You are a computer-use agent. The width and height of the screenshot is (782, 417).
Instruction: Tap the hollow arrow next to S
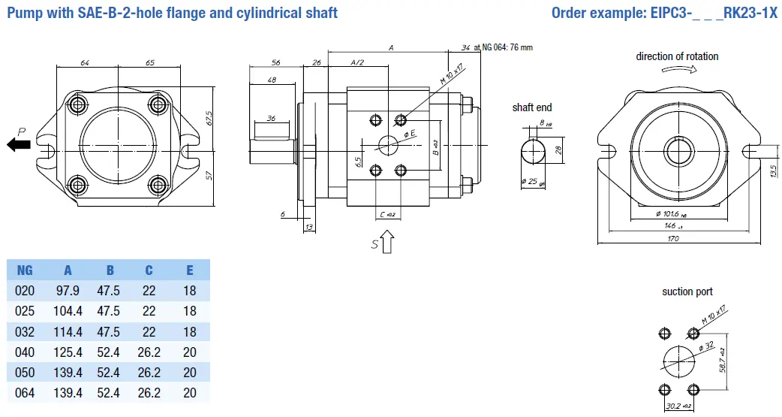coord(388,242)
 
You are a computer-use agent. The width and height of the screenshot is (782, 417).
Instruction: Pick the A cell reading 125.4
coord(68,352)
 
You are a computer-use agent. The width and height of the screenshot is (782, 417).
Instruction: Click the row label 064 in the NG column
coord(25,392)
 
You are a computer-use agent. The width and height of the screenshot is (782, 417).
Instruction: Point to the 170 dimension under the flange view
coord(672,238)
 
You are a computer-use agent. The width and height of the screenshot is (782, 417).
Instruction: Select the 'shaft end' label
coord(532,107)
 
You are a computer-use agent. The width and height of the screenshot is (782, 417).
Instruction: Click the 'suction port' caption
coord(687,292)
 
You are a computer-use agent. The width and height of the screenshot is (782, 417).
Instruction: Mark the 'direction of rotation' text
coord(677,56)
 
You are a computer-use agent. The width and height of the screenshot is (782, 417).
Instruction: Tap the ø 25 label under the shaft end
coord(534,182)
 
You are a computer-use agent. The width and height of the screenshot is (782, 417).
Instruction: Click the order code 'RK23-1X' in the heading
coord(751,13)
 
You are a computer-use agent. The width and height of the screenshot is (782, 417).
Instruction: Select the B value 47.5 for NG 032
coord(110,331)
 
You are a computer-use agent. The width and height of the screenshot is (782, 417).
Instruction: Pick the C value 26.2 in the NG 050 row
coord(149,372)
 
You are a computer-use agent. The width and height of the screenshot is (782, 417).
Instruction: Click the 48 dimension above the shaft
coord(272,80)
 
